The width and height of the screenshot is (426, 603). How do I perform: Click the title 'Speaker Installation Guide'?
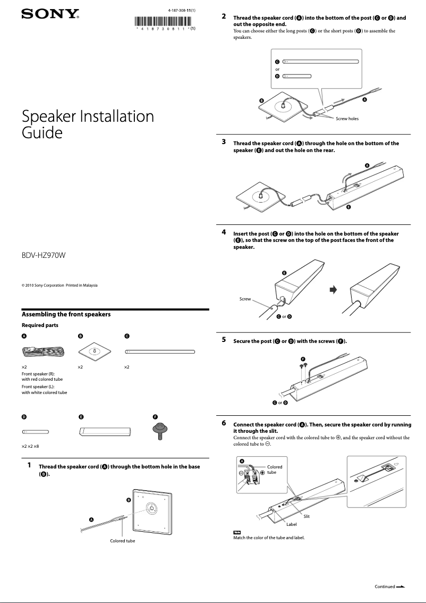click(x=88, y=124)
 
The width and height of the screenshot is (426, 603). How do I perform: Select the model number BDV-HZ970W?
click(x=43, y=255)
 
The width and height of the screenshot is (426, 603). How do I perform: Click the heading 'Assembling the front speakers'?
click(x=66, y=314)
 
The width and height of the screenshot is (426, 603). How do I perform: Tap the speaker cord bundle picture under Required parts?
click(x=42, y=351)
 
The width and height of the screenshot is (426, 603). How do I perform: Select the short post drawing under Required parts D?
click(x=36, y=432)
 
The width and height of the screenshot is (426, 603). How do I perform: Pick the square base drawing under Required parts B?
click(x=94, y=351)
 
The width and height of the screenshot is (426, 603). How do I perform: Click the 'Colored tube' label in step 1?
click(x=122, y=541)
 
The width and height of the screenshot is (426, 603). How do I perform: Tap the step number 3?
click(x=224, y=143)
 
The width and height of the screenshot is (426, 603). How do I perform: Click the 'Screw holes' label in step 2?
click(x=347, y=118)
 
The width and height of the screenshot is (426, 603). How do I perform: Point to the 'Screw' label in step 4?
click(x=245, y=299)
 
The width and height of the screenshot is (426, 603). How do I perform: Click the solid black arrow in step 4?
click(x=334, y=290)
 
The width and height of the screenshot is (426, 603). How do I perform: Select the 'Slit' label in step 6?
click(x=306, y=516)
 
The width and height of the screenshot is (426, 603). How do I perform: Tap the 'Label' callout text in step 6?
click(x=291, y=524)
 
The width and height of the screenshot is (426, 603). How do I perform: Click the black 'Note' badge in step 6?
click(x=237, y=532)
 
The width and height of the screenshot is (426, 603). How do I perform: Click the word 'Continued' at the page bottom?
click(x=385, y=587)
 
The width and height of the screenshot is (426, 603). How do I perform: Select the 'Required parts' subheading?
click(x=40, y=325)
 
